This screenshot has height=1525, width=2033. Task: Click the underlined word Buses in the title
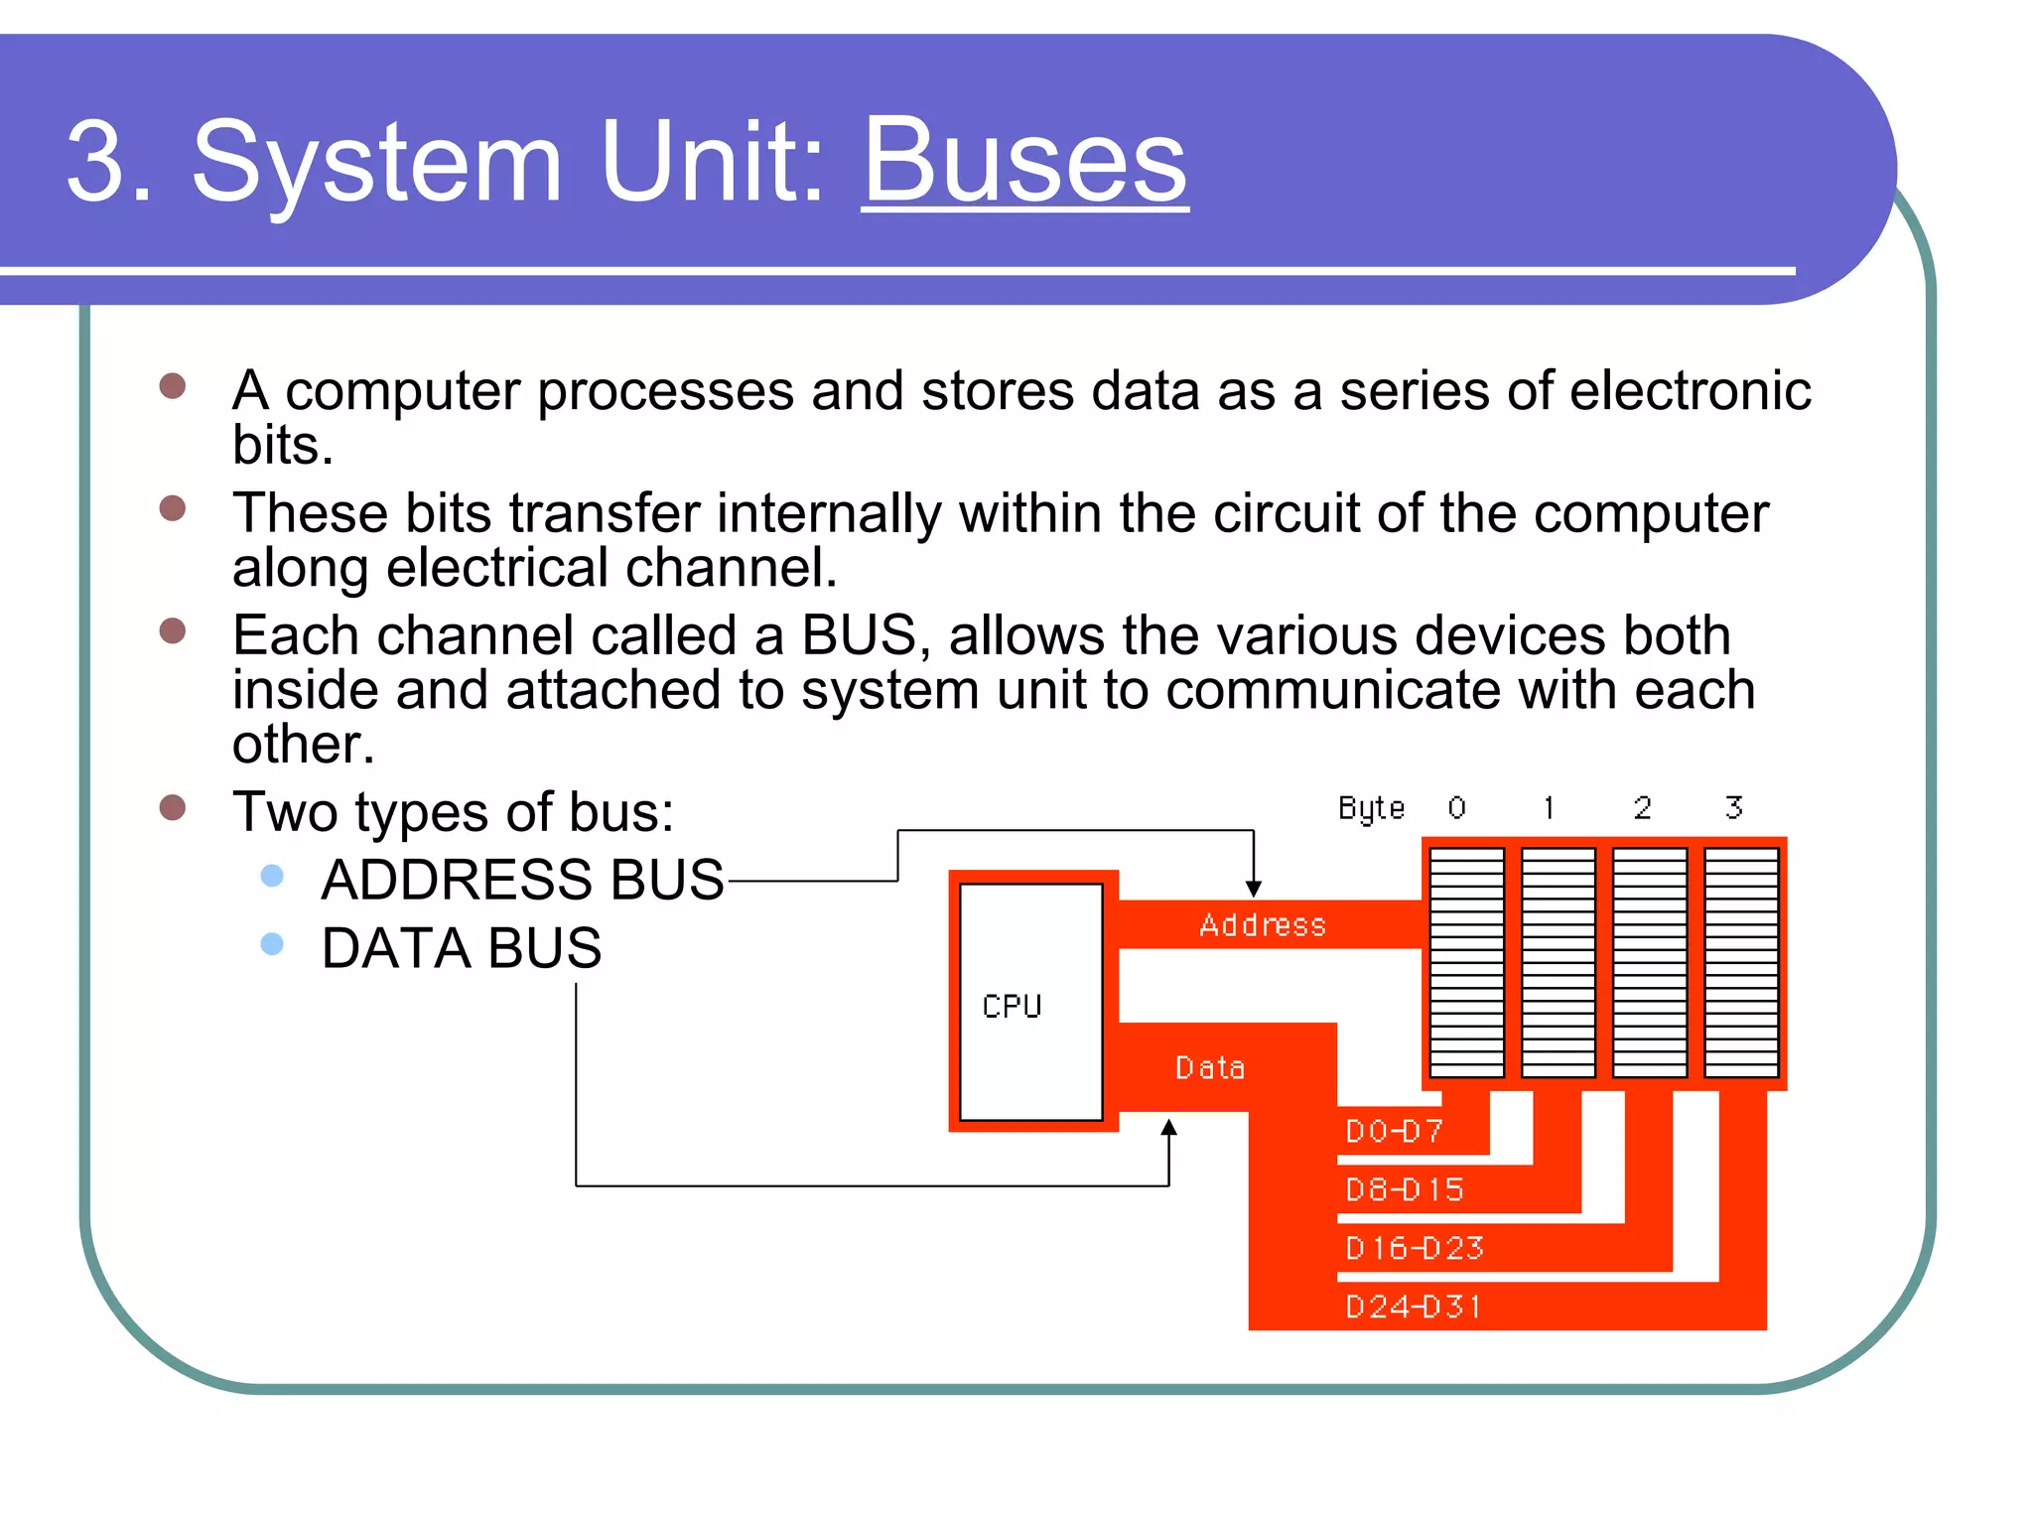tap(1024, 161)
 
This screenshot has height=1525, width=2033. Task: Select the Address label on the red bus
tap(1262, 925)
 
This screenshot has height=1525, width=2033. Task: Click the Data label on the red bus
tap(1209, 1068)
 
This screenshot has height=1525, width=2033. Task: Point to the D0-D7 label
tap(1394, 1131)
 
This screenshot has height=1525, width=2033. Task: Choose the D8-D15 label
tap(1404, 1189)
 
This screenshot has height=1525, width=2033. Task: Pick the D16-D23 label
tap(1414, 1248)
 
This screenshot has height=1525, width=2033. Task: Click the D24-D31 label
tap(1414, 1307)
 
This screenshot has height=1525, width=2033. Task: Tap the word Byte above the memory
tap(1371, 808)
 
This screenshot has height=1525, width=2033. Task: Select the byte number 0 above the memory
tap(1456, 807)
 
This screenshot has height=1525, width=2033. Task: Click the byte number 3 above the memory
tap(1733, 807)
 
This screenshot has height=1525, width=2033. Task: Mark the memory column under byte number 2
tap(1649, 961)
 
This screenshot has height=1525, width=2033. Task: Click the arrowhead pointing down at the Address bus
tap(1254, 888)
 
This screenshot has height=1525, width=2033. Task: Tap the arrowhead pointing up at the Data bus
tap(1169, 1129)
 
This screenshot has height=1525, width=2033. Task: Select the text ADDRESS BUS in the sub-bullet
tap(522, 880)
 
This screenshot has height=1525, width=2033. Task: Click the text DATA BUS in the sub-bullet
tap(461, 948)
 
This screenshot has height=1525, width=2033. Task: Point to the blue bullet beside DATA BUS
tap(271, 944)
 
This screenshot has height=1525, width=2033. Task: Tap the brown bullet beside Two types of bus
tap(173, 807)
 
